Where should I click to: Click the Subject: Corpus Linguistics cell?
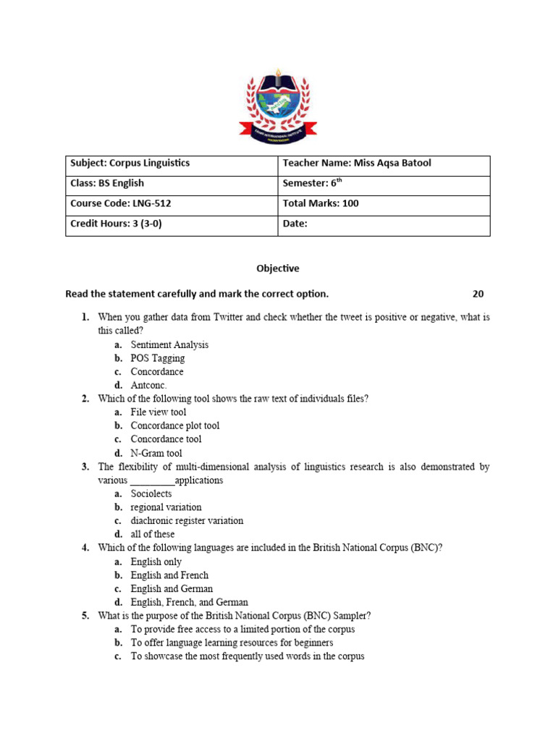(x=172, y=164)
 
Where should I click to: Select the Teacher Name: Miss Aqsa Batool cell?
(x=384, y=164)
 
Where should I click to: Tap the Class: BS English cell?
(x=172, y=184)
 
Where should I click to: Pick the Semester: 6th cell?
(x=384, y=184)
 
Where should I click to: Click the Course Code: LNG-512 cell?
(x=172, y=204)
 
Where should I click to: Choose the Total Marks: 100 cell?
(x=384, y=204)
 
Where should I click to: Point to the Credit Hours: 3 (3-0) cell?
(x=172, y=224)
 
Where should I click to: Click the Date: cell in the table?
(x=384, y=224)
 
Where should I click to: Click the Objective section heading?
(x=277, y=268)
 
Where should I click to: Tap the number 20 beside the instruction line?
(x=478, y=294)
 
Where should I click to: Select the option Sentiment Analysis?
(x=169, y=345)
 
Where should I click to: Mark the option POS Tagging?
(x=157, y=358)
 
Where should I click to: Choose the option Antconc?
(x=148, y=386)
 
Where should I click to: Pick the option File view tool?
(x=158, y=412)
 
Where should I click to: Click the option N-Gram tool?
(x=156, y=453)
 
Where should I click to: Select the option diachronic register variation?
(x=187, y=521)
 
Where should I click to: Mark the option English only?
(x=156, y=562)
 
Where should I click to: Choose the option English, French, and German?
(x=189, y=603)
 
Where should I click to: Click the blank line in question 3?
(x=152, y=481)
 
